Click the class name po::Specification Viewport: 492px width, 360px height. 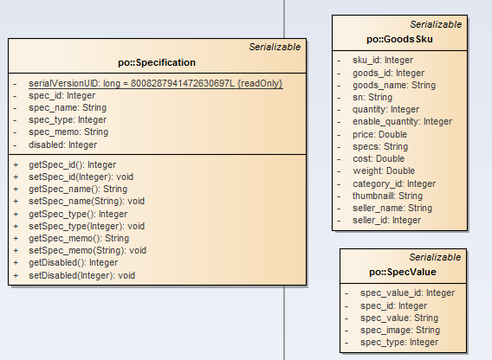[x=157, y=62]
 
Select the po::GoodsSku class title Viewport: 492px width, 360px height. [x=399, y=39]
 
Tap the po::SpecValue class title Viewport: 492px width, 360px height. [x=403, y=272]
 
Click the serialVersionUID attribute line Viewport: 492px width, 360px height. [x=156, y=83]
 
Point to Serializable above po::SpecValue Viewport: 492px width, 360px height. [x=435, y=257]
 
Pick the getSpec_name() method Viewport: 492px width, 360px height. [x=78, y=190]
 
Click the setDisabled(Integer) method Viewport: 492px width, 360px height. [x=81, y=276]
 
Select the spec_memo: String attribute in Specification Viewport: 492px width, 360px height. [x=68, y=132]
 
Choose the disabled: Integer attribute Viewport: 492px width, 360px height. [x=62, y=145]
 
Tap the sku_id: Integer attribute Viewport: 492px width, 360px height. [x=383, y=60]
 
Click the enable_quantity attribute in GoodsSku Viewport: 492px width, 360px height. [x=402, y=122]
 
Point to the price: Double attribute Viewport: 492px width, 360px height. [x=379, y=134]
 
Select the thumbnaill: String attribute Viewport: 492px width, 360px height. [x=387, y=196]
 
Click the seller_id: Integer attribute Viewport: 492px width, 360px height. [x=386, y=220]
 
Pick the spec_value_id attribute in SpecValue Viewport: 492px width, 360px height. [x=408, y=292]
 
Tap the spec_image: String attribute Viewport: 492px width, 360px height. [x=400, y=330]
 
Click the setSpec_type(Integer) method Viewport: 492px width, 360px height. [x=87, y=226]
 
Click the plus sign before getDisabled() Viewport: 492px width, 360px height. [x=16, y=263]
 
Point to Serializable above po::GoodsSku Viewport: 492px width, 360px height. [x=436, y=24]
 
